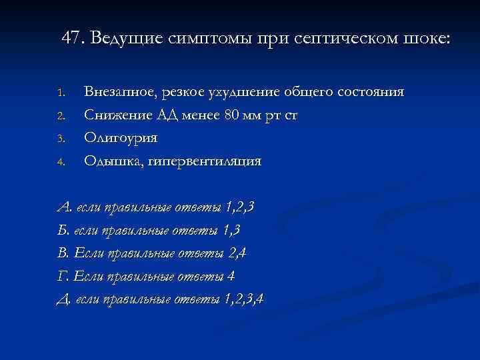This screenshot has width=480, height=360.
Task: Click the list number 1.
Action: (59, 92)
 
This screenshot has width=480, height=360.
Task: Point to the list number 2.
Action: (59, 116)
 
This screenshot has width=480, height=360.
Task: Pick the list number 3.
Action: (59, 139)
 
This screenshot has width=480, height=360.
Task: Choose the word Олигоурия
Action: (121, 138)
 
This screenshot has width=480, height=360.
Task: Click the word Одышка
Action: (109, 161)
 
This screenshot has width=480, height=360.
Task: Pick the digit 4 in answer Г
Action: (231, 275)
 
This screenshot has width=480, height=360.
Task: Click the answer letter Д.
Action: (64, 298)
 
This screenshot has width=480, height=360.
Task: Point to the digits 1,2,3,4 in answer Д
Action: (245, 298)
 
